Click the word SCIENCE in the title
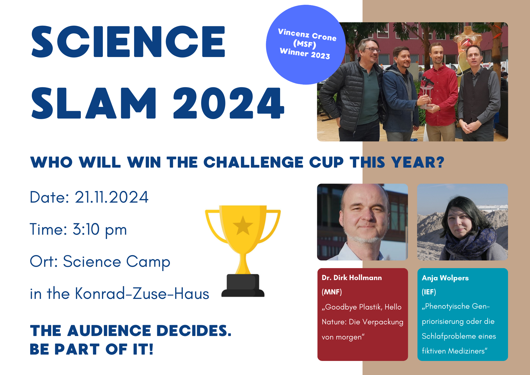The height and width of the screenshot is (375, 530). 128,42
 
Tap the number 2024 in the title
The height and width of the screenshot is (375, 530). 229,103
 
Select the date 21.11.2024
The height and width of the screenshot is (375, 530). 112,197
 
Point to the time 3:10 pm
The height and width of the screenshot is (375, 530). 100,230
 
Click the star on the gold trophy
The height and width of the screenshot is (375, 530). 243,225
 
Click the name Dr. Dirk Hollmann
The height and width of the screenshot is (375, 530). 352,278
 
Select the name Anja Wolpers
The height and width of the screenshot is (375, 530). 445,278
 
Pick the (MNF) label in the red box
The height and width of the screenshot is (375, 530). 332,292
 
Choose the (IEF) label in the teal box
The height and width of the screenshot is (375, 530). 429,292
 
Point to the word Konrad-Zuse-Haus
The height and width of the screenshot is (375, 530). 142,294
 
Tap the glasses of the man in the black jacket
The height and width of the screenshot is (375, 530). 372,50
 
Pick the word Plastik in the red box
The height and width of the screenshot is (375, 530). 371,307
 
